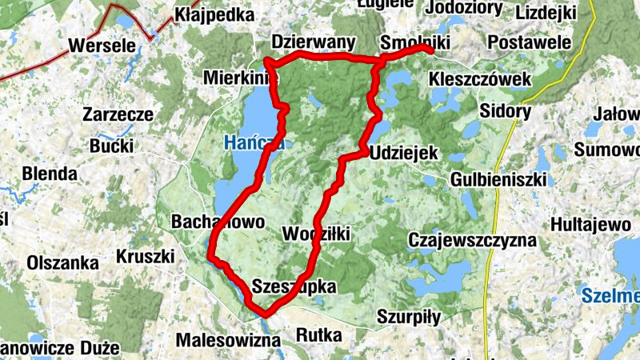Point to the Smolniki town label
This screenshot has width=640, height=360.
pyautogui.click(x=416, y=42)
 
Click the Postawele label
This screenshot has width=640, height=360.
pyautogui.click(x=530, y=42)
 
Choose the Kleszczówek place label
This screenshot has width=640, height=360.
pyautogui.click(x=481, y=80)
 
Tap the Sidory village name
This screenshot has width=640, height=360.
pyautogui.click(x=506, y=111)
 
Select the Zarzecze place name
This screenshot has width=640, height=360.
pyautogui.click(x=118, y=114)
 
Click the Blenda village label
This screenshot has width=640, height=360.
pyautogui.click(x=50, y=174)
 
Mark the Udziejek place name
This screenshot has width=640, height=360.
pyautogui.click(x=402, y=152)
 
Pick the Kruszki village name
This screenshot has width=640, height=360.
pyautogui.click(x=146, y=257)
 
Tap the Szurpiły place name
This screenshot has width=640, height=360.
pyautogui.click(x=409, y=317)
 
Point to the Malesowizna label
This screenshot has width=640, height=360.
pyautogui.click(x=229, y=339)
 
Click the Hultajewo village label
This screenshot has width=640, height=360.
pyautogui.click(x=590, y=225)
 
